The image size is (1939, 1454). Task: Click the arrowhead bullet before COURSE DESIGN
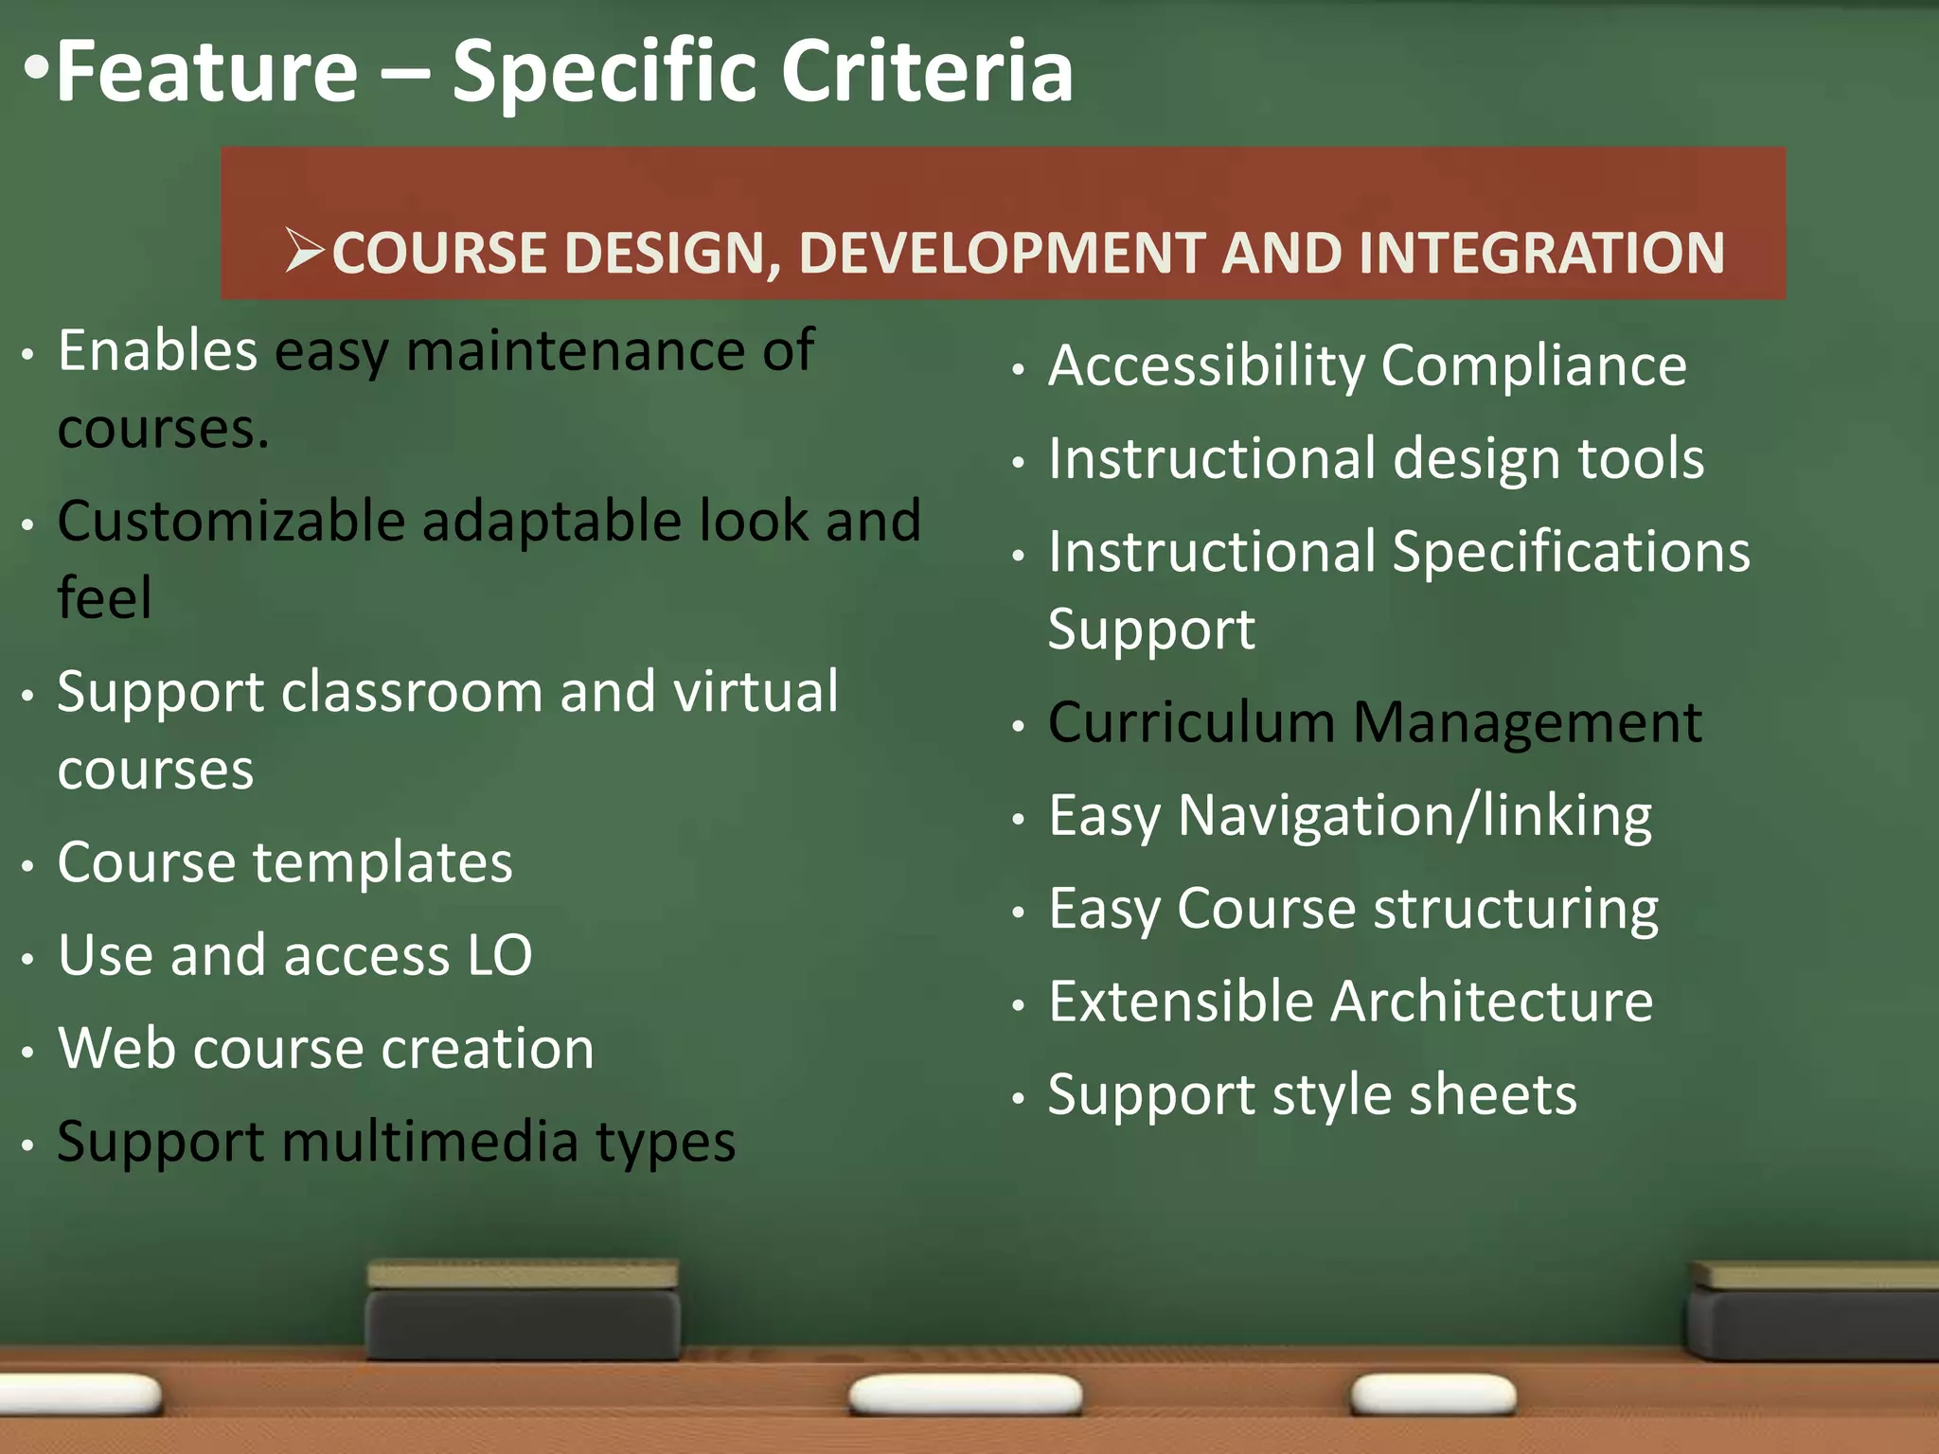point(305,251)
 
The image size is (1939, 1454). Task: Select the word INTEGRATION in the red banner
point(1540,253)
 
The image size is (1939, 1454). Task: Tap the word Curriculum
point(1191,722)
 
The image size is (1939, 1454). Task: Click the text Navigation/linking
point(1414,815)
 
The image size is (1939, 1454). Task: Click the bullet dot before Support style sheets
point(1019,1099)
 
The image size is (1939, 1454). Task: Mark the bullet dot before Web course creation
point(28,1052)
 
